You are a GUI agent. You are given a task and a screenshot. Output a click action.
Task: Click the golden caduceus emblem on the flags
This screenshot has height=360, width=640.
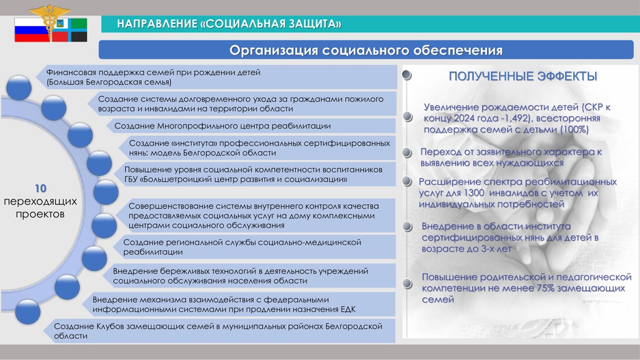[x=50, y=20]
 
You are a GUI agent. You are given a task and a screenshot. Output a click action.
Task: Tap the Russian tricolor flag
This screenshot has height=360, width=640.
[x=32, y=30]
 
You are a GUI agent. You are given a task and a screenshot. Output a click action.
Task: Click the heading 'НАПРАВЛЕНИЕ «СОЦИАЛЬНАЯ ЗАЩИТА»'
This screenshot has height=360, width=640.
[x=229, y=24]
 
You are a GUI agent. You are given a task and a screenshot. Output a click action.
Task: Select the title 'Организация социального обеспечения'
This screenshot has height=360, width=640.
[x=365, y=50]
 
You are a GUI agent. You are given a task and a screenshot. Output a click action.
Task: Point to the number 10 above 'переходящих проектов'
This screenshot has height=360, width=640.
[x=40, y=189]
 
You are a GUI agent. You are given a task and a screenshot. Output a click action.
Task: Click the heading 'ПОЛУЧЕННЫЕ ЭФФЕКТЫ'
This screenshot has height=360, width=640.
[x=523, y=77]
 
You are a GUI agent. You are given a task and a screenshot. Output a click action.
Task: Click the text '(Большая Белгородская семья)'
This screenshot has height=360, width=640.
[x=109, y=82]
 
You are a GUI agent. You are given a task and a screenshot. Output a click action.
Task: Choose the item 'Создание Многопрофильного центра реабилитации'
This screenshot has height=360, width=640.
[x=223, y=126]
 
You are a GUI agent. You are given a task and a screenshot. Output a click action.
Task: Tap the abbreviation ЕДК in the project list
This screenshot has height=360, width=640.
[x=348, y=309]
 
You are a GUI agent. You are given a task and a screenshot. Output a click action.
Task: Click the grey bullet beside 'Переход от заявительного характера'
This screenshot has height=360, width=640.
[x=407, y=152]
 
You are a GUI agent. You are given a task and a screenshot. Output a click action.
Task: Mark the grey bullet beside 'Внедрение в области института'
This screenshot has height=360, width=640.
[x=407, y=227]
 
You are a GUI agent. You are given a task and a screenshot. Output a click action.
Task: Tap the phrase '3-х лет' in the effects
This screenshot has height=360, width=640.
[x=497, y=249]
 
